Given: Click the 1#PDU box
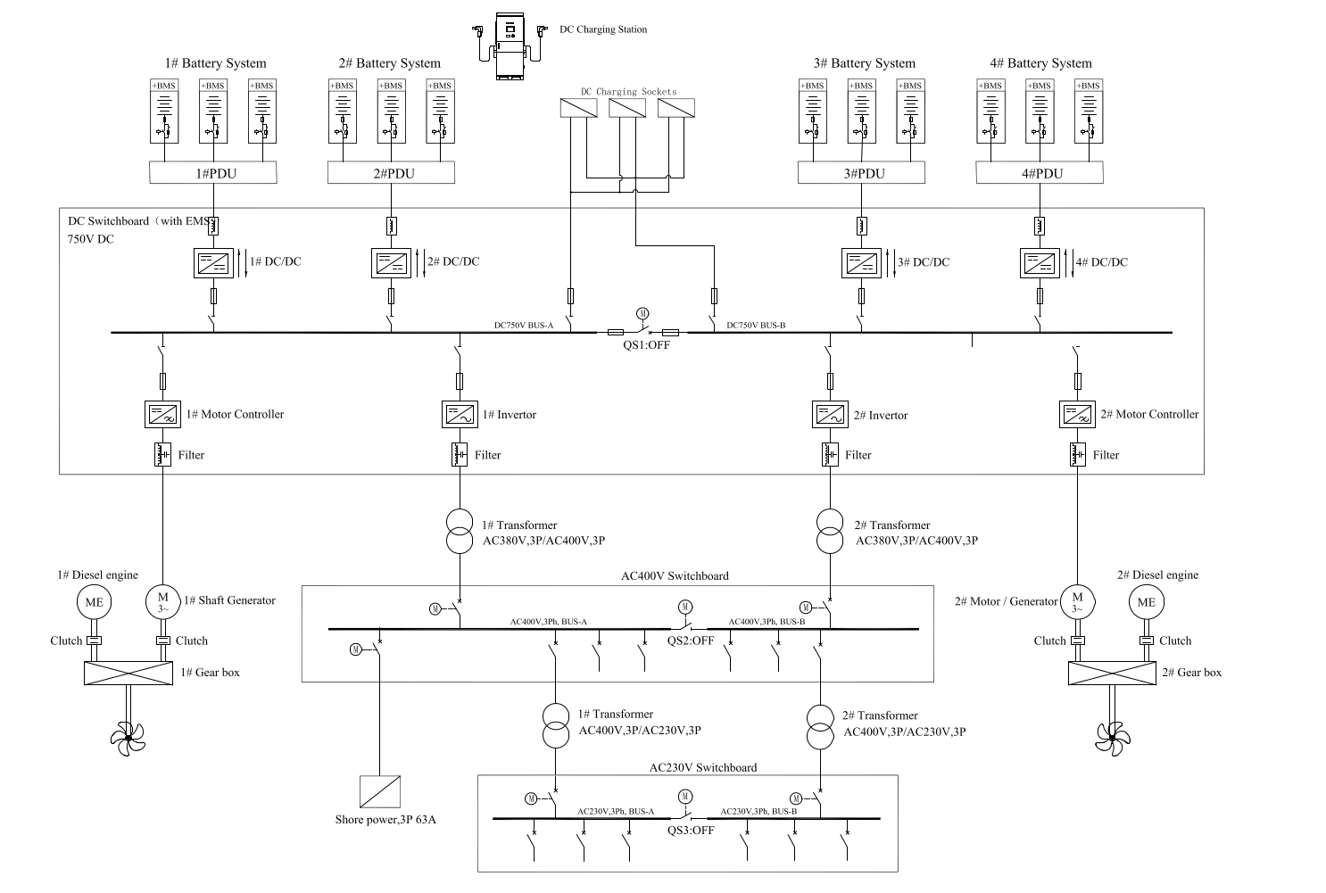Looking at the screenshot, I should [212, 173].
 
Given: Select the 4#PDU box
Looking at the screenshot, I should [1040, 173].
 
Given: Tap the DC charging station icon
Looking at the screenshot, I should [509, 47].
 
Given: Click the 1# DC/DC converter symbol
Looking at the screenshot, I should [212, 262].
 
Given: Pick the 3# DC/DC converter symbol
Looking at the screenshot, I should [861, 262].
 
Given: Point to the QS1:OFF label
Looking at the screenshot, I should [646, 345].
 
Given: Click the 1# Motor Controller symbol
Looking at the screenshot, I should [162, 414].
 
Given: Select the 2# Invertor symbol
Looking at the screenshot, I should [831, 415].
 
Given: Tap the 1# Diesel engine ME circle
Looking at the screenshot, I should [94, 602].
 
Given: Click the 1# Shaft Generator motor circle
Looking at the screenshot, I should [163, 601].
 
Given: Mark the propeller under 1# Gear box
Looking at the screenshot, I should [128, 737].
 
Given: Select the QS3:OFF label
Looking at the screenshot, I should [691, 830].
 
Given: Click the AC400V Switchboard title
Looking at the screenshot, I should [675, 575].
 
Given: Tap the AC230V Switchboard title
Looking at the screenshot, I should [702, 767].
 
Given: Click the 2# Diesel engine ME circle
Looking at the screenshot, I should [1147, 602].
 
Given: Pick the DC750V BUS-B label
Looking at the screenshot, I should [756, 326].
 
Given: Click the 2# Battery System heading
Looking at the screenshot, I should [389, 63].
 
